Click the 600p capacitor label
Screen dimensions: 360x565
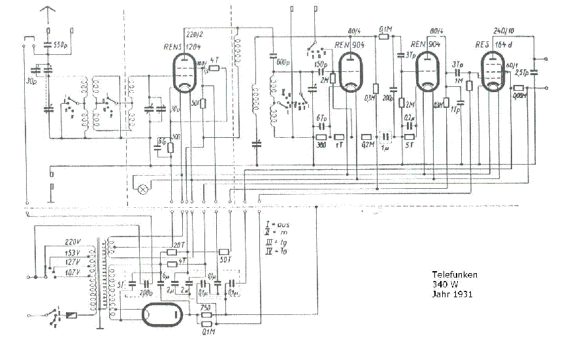pyautogui.click(x=282, y=63)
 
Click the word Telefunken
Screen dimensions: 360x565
pyautogui.click(x=455, y=274)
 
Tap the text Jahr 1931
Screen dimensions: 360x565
pyautogui.click(x=452, y=293)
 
